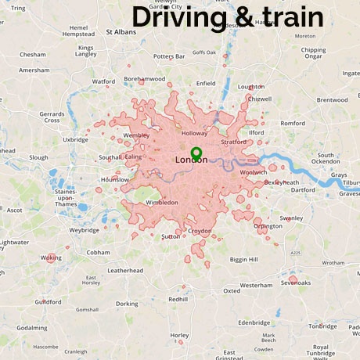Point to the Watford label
(x=103, y=81)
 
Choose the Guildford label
(x=48, y=301)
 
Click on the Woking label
(x=52, y=257)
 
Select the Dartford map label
(x=303, y=189)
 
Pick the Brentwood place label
(x=332, y=100)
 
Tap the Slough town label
(x=38, y=157)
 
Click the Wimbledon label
(x=161, y=202)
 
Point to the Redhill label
(x=178, y=299)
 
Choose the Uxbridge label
(x=76, y=139)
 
